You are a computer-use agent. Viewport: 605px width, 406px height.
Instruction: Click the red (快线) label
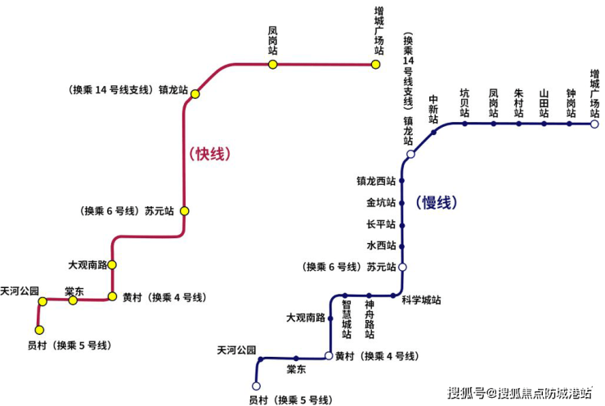210,154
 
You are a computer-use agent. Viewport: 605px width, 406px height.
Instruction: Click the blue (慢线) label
437,202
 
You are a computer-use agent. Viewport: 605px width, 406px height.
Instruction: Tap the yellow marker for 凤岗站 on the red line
273,64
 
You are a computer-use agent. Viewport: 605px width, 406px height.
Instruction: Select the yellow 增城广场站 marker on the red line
376,64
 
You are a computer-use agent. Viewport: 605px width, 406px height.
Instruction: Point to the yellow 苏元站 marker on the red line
185,210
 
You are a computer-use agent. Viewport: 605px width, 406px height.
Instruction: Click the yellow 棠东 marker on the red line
73,300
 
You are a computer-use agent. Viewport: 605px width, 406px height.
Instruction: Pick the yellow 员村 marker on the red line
39,330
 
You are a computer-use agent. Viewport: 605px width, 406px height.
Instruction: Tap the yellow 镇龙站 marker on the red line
195,94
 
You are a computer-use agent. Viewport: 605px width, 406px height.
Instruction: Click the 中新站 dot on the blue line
434,133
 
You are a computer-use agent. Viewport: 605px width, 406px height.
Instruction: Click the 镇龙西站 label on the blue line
376,181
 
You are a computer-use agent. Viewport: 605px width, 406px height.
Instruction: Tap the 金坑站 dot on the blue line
401,202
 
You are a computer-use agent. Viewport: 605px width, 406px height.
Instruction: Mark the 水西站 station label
381,246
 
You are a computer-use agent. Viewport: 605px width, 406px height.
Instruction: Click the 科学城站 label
421,300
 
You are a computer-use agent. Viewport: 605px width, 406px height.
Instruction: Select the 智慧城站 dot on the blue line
346,295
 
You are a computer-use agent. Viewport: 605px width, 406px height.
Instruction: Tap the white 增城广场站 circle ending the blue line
595,124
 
